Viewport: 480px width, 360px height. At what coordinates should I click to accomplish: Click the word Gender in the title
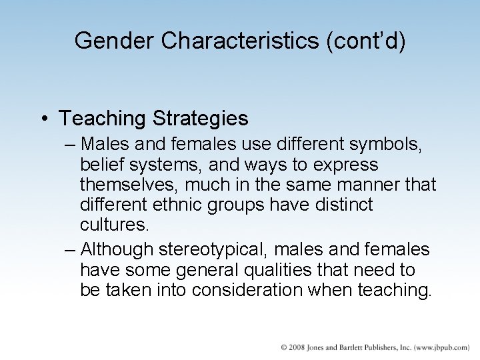click(x=115, y=41)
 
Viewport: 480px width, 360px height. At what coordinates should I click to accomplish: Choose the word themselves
click(x=129, y=185)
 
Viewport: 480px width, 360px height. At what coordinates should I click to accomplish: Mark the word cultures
click(x=115, y=225)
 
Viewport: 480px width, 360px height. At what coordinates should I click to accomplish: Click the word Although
click(x=117, y=250)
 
